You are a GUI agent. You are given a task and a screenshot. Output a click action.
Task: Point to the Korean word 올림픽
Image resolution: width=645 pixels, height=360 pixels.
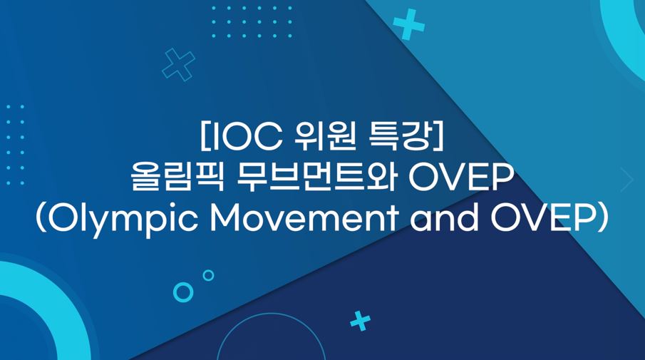point(177,178)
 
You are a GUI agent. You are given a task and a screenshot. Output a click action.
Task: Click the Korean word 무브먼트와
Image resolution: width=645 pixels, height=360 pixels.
point(316,178)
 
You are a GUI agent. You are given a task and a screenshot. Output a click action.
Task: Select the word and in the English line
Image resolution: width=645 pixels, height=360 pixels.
point(444,217)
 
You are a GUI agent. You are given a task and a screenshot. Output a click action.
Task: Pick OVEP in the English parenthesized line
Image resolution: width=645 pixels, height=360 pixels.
point(542,218)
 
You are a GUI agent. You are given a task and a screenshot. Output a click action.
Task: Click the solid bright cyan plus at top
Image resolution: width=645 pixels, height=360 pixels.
point(408,24)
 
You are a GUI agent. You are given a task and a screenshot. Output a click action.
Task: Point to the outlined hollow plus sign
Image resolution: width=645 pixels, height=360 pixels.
point(178,65)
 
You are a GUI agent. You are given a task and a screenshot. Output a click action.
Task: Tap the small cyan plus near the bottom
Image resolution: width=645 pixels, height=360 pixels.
point(361,321)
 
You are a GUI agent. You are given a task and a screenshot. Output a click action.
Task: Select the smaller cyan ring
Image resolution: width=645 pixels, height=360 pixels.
point(209,275)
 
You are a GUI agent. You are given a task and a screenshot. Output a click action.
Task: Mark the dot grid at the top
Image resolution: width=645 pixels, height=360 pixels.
point(252,22)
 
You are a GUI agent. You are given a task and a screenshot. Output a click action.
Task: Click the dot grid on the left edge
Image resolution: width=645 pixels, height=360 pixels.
point(15,145)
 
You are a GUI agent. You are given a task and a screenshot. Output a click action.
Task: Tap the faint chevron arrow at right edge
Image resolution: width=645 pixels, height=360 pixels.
point(628,180)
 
